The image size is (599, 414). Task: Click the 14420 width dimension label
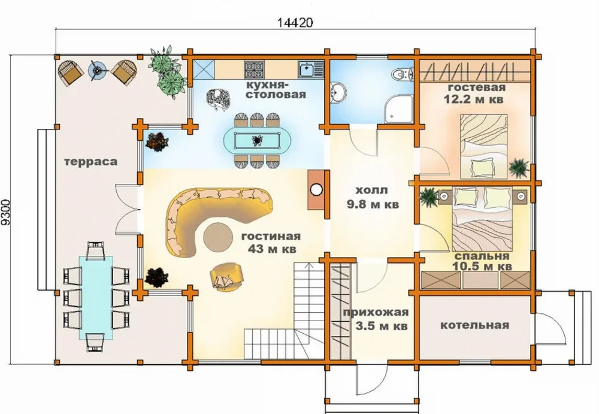(x=295, y=23)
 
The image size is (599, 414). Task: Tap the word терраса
(x=90, y=162)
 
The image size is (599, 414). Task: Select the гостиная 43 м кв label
(x=271, y=243)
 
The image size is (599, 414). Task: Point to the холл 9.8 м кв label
(x=373, y=197)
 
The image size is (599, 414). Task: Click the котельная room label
(x=475, y=325)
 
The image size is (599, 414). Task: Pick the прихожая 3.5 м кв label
(x=376, y=319)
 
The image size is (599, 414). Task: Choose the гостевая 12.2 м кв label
(x=473, y=93)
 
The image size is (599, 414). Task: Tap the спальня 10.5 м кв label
(x=482, y=261)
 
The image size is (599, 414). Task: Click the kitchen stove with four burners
(x=252, y=69)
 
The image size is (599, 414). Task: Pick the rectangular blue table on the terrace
(x=96, y=297)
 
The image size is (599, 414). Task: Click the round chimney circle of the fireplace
(x=316, y=189)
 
